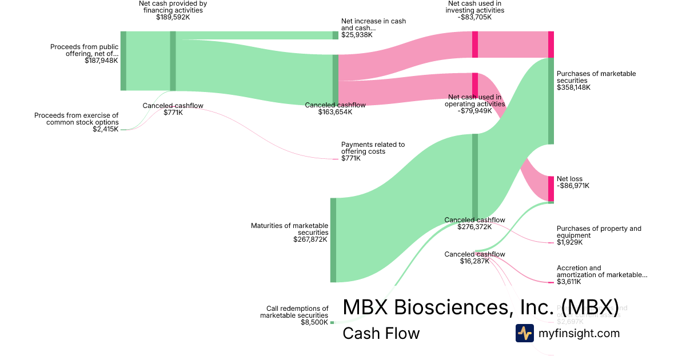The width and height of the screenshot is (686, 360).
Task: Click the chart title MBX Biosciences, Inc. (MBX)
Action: tap(480, 307)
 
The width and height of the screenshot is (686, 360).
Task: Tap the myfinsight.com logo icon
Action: tap(524, 333)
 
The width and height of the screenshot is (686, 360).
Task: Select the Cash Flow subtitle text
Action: tap(381, 333)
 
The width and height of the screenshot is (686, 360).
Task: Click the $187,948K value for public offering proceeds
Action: tap(101, 60)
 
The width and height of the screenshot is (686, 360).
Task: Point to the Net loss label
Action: tap(569, 179)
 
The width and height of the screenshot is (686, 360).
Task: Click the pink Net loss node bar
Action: tap(551, 189)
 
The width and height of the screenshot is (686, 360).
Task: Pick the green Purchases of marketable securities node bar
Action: tap(551, 101)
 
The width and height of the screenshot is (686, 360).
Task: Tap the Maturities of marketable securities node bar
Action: tap(333, 240)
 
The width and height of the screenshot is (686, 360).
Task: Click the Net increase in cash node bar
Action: tap(336, 35)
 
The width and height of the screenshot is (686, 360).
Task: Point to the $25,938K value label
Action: tap(357, 35)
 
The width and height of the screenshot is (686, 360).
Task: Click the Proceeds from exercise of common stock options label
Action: tap(77, 119)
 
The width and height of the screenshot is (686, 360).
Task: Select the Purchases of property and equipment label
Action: tap(599, 232)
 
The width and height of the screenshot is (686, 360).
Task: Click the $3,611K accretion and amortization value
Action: tap(569, 282)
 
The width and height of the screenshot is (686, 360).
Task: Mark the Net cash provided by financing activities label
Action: tap(173, 6)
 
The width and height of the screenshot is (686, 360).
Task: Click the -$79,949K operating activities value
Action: tap(476, 111)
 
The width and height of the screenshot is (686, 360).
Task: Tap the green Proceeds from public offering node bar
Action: tap(123, 61)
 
